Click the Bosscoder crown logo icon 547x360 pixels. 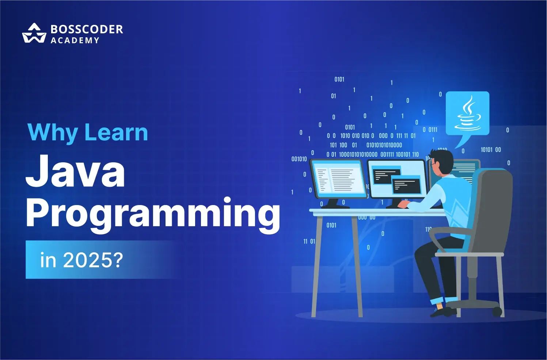pos(34,33)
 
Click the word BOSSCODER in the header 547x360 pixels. pos(87,29)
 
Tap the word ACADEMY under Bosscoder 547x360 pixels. pos(75,40)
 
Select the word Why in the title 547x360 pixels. pos(53,133)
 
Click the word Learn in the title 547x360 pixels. pos(116,133)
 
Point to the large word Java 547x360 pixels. pos(75,171)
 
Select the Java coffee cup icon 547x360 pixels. pos(467,113)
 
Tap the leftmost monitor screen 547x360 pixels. pos(338,178)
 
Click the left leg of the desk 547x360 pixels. pos(317,266)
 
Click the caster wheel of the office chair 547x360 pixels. pos(497,312)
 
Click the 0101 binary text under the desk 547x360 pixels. pos(331,225)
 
